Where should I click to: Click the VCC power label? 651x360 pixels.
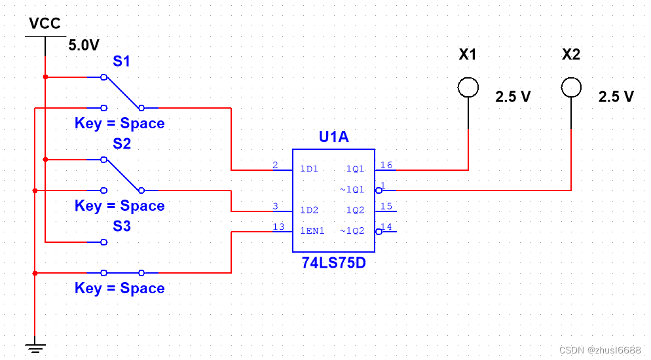(x=45, y=23)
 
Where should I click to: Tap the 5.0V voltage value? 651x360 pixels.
(x=84, y=45)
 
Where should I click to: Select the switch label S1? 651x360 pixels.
(x=122, y=62)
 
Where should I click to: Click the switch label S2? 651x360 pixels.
(x=122, y=143)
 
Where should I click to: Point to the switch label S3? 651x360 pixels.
(x=122, y=226)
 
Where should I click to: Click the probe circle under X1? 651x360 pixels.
(x=468, y=78)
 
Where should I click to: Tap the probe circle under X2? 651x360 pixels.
(x=571, y=78)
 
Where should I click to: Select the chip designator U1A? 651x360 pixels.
(x=334, y=136)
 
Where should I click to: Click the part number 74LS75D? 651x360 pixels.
(x=334, y=262)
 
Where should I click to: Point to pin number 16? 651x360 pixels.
(x=386, y=165)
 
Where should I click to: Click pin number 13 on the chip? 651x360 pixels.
(x=278, y=226)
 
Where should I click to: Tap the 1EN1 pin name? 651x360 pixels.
(x=312, y=230)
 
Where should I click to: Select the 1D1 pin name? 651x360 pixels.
(x=309, y=169)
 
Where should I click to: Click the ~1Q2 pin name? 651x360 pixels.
(x=352, y=230)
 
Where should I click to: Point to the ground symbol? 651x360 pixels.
(x=35, y=348)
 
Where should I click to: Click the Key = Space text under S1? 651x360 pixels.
(x=120, y=123)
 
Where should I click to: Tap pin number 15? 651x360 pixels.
(x=386, y=206)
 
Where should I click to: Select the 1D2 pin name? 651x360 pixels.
(x=309, y=210)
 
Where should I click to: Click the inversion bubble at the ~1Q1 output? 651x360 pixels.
(x=379, y=190)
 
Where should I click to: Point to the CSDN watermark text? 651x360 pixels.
(x=600, y=350)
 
